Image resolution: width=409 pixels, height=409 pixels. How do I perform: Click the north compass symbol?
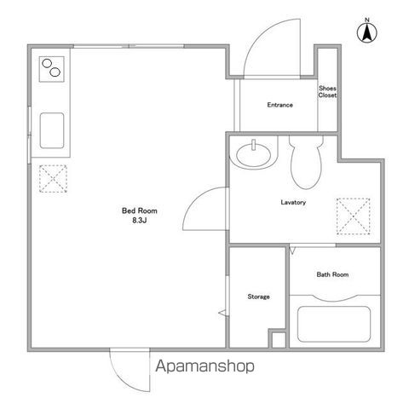pos(367,32)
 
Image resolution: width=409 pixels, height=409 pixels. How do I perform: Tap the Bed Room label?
pos(139,210)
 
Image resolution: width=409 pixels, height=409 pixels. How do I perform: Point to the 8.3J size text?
pos(139,220)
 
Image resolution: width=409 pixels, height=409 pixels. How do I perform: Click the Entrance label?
pos(279,105)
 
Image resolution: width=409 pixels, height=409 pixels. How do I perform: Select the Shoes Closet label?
pos(327,92)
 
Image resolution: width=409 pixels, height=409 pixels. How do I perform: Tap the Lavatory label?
pos(293,202)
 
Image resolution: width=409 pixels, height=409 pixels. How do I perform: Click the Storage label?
pos(258,297)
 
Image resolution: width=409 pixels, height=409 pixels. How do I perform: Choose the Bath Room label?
pos(332,274)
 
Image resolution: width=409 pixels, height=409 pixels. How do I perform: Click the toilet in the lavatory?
pos(306,162)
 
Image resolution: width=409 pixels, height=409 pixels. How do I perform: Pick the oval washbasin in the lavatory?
pos(253,155)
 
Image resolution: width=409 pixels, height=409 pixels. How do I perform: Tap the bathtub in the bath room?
pos(334,324)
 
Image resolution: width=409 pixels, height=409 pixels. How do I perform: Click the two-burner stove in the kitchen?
pos(51,69)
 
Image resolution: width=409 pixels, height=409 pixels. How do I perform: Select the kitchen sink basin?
pos(52,130)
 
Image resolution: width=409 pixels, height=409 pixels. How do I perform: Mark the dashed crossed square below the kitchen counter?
pos(53,179)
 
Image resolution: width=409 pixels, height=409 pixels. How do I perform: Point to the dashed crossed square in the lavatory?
pos(353,216)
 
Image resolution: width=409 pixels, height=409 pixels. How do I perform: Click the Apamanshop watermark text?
pos(204,366)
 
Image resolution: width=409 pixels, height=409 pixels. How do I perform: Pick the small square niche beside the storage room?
pos(279,340)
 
